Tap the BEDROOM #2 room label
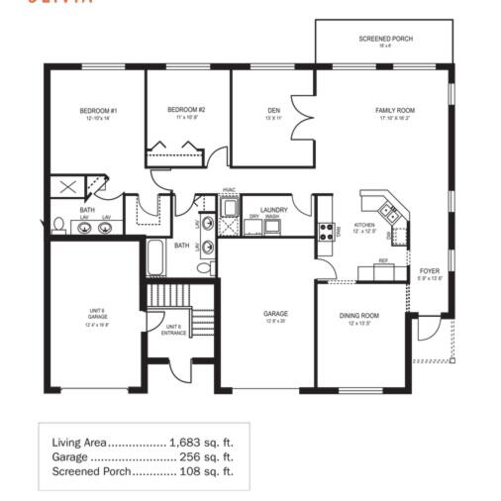tap(186, 110)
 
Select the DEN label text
tap(274, 110)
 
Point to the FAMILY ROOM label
tap(395, 110)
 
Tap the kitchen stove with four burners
tap(325, 232)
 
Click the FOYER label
tap(429, 270)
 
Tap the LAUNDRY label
tap(273, 210)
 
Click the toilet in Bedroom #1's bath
tap(58, 225)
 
